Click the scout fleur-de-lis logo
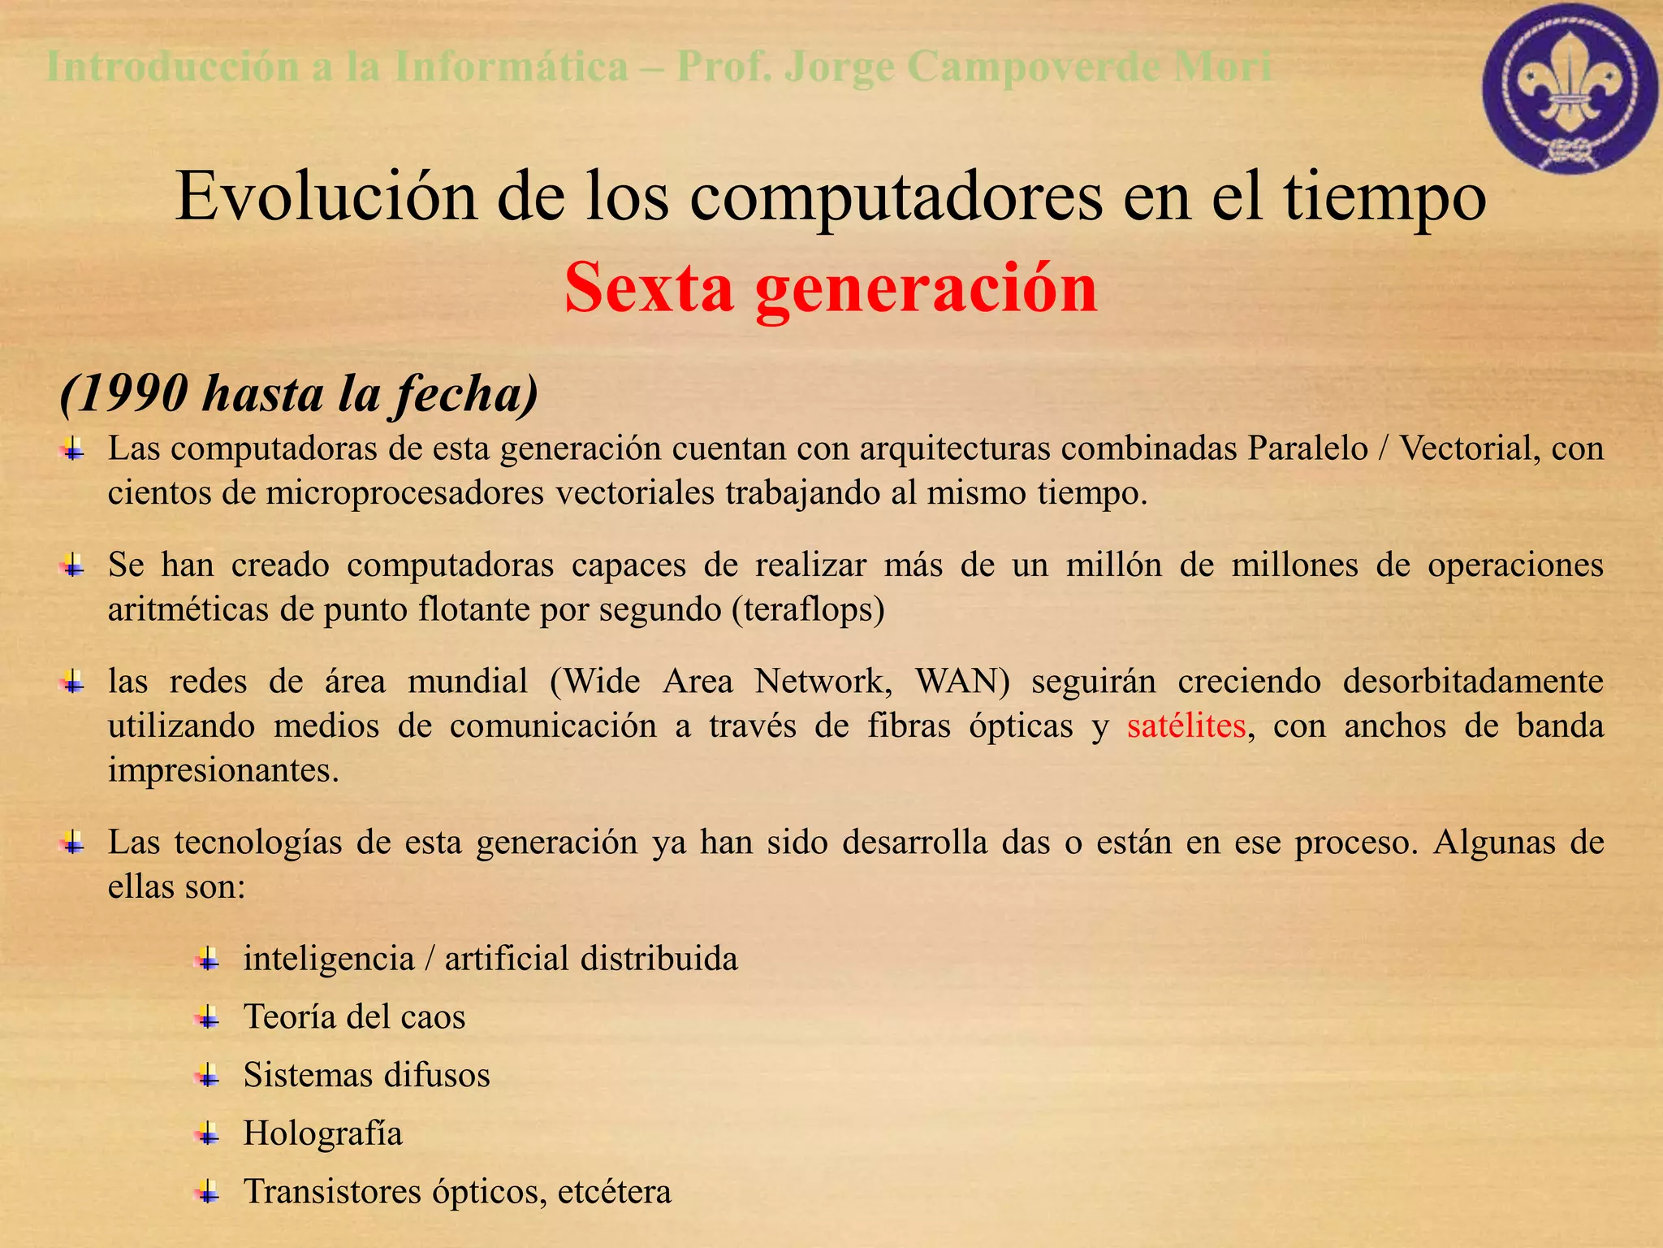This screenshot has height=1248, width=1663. click(1570, 89)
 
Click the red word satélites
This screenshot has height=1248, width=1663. click(1186, 726)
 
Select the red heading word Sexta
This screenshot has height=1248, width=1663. click(649, 288)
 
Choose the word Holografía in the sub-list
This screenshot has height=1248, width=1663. click(323, 1133)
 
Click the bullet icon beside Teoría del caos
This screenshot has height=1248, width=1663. click(208, 1017)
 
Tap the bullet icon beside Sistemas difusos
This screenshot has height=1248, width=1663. click(208, 1076)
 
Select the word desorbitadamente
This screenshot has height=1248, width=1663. click(1473, 681)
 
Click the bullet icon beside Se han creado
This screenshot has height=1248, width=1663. click(73, 565)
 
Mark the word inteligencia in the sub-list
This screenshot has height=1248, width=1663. click(329, 959)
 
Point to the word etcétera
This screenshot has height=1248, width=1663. click(615, 1192)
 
